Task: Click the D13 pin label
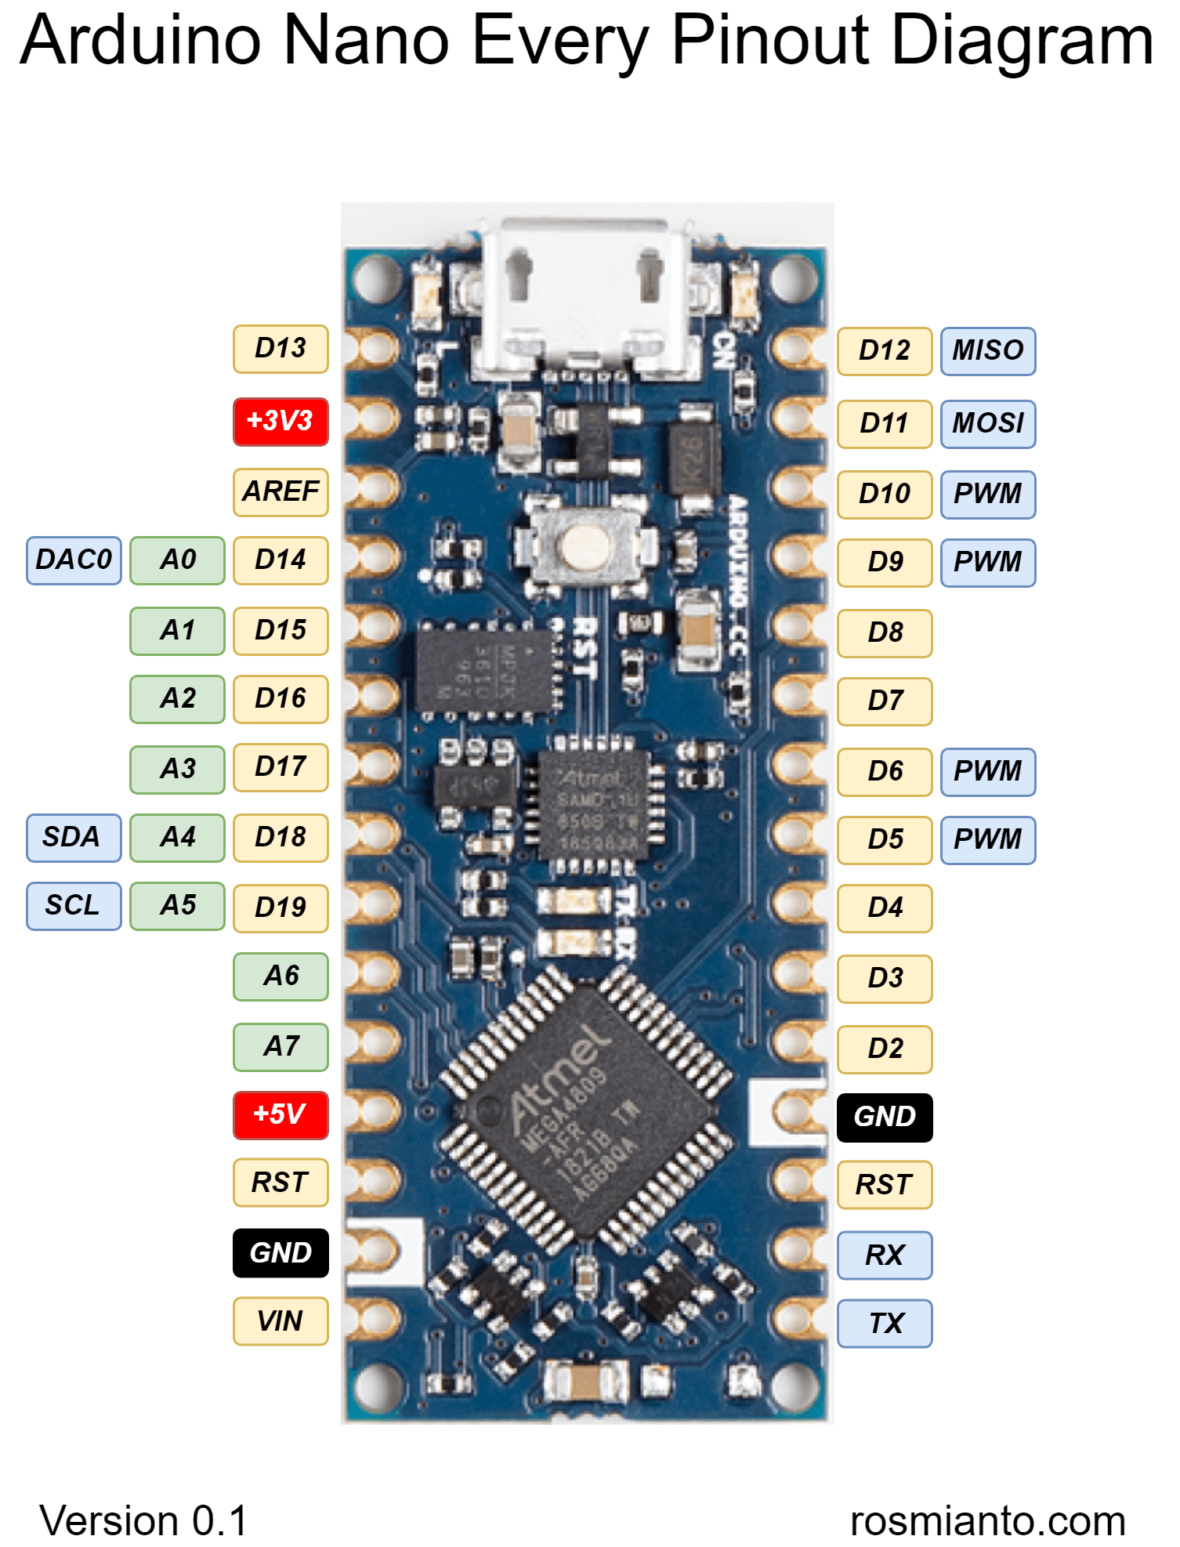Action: coord(281,349)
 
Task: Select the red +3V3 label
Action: coord(281,421)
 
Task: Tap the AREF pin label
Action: coord(281,492)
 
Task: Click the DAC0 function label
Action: coord(74,560)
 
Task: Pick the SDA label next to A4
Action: coord(74,838)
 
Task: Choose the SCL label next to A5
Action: coord(74,906)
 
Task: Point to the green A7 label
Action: coord(281,1046)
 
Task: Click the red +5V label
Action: coord(281,1114)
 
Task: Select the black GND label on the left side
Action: coord(281,1252)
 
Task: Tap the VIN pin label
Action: coord(281,1321)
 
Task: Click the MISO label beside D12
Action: coord(987,351)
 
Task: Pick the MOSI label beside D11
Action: coord(987,424)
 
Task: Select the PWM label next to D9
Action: coord(987,562)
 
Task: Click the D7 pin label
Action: coord(885,701)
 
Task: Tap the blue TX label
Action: coord(885,1324)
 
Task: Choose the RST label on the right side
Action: coord(885,1185)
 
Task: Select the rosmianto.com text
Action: coord(987,1521)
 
